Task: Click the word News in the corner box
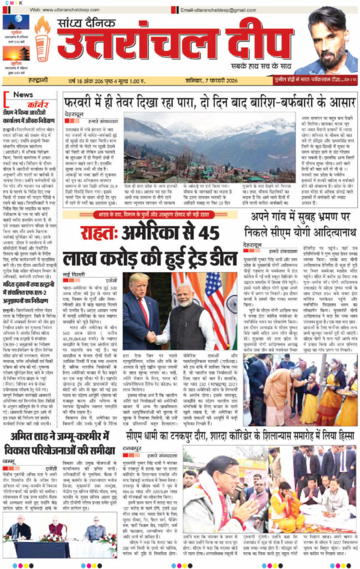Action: point(23,94)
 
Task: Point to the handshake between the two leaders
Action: point(151,335)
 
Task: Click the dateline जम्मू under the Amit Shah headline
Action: point(10,461)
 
